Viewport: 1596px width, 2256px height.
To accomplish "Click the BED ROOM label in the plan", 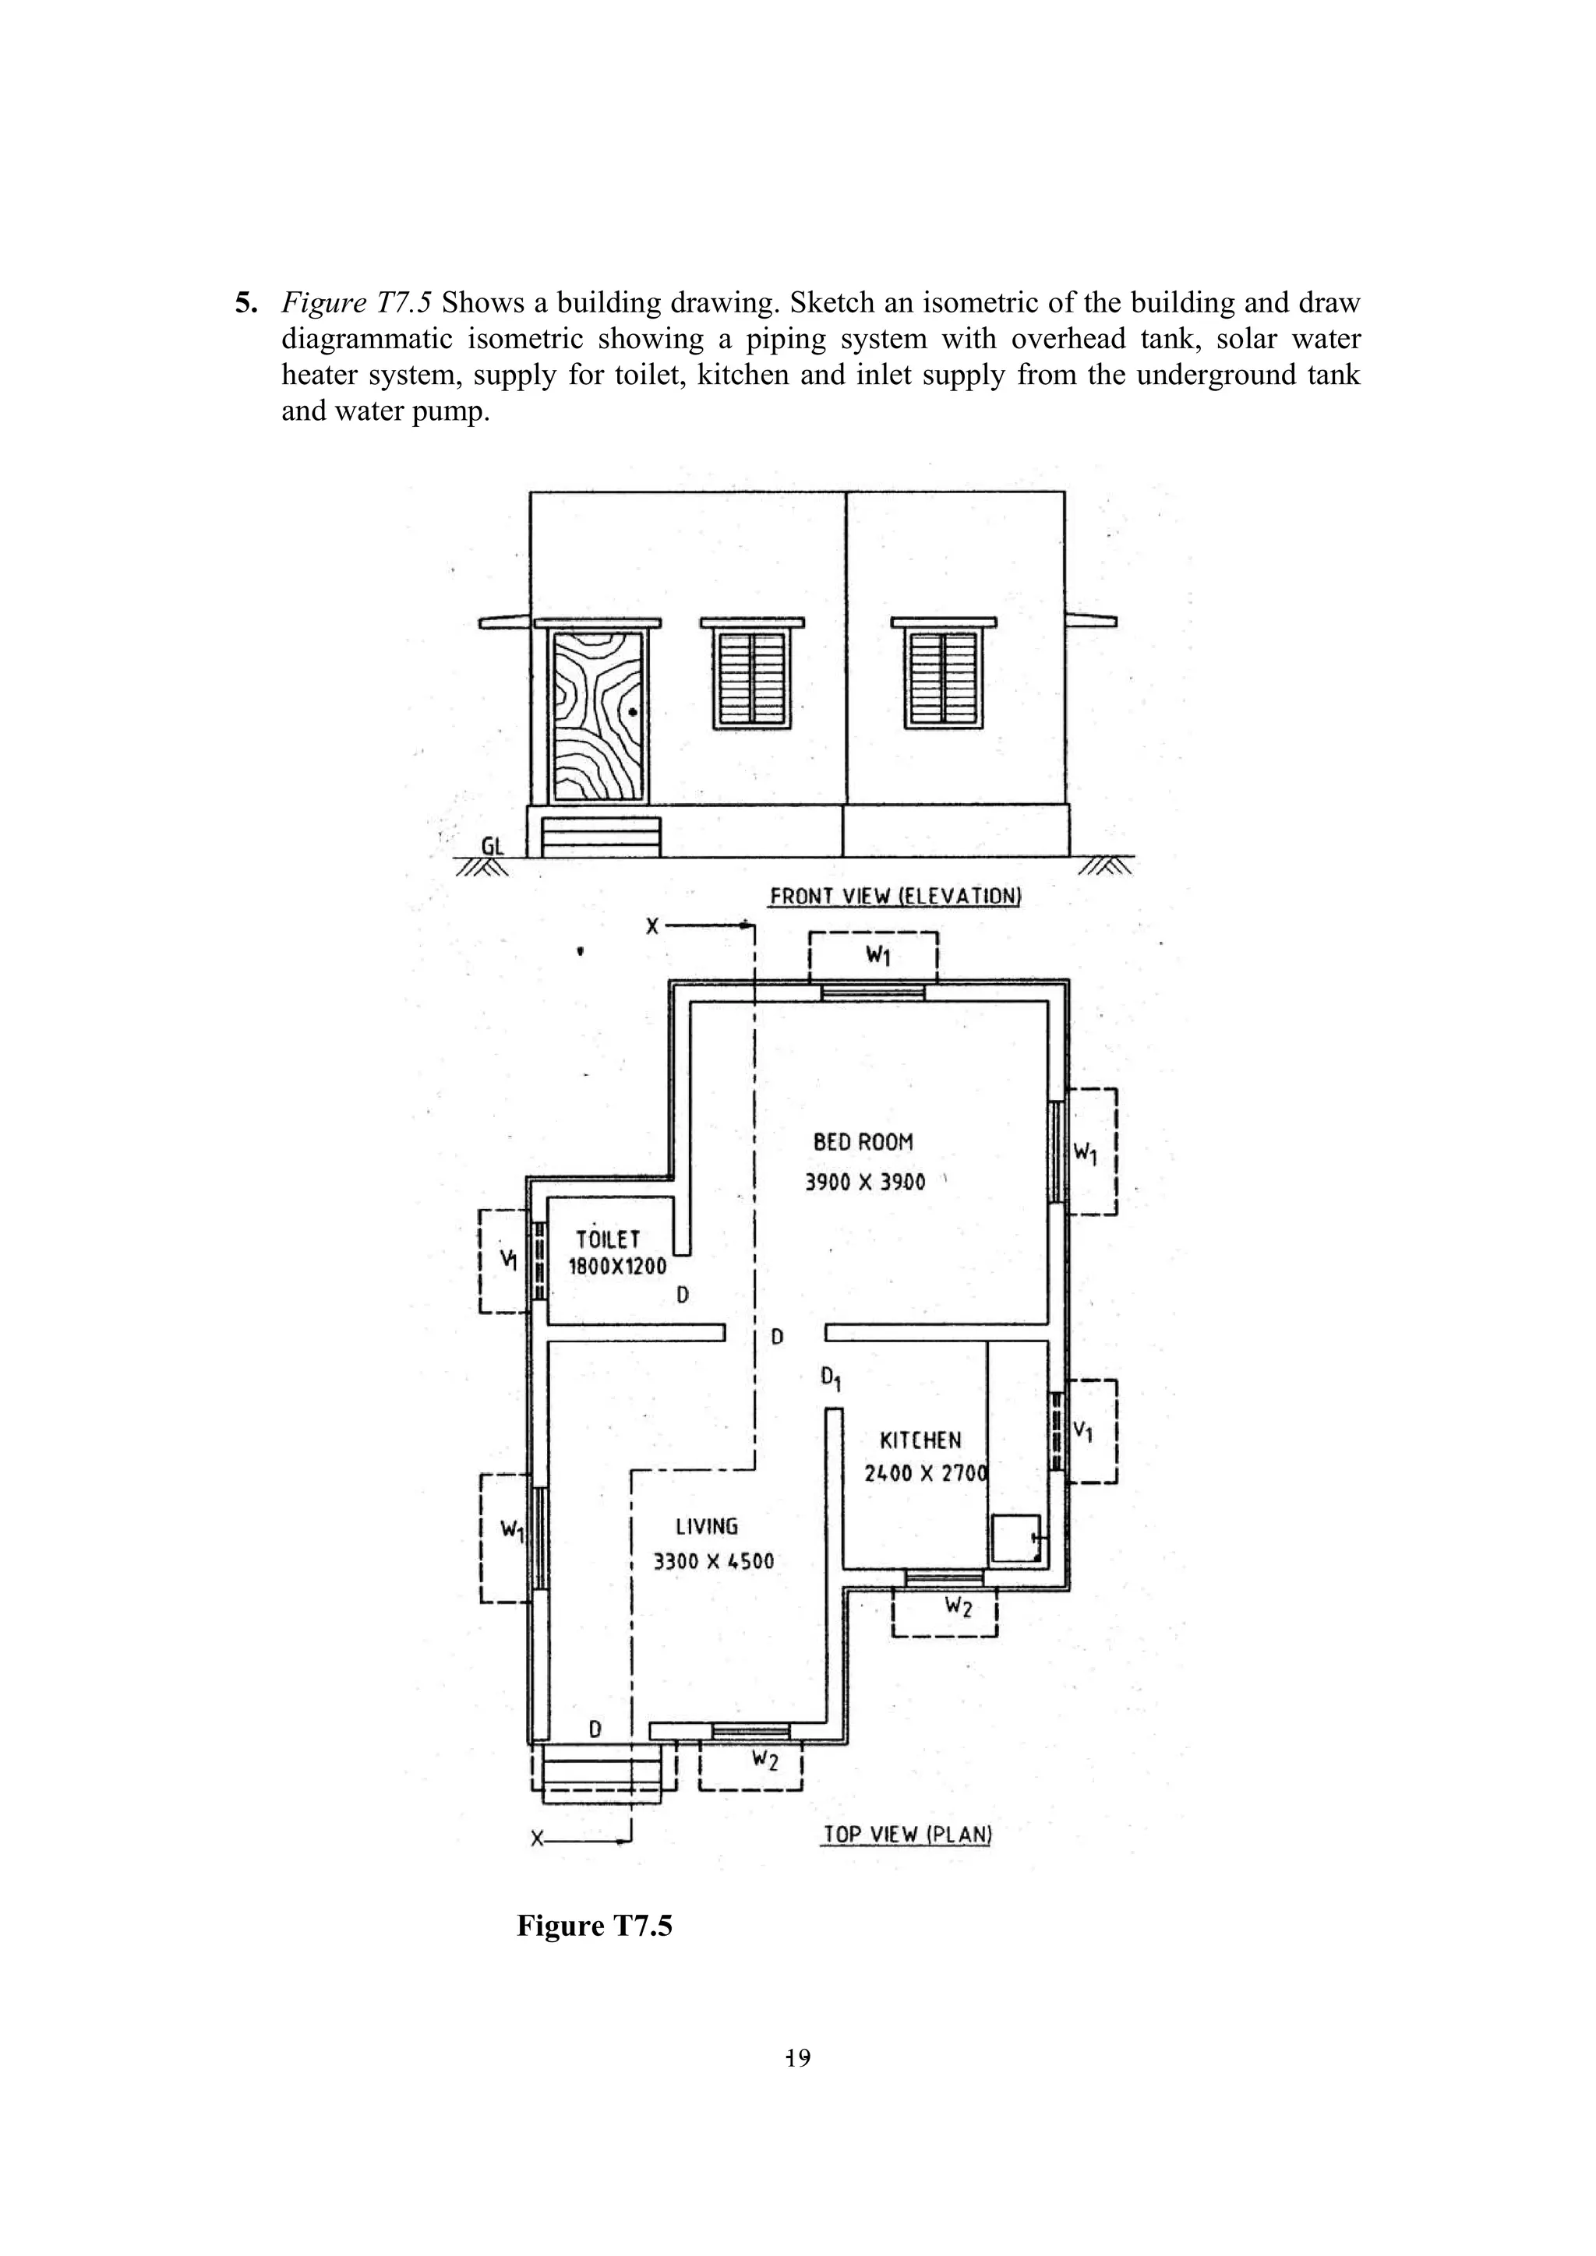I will (x=863, y=1142).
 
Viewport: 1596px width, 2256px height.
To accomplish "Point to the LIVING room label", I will (x=707, y=1527).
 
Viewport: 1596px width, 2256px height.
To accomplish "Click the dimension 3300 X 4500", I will (x=714, y=1561).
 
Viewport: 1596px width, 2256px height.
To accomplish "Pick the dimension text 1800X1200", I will (x=617, y=1267).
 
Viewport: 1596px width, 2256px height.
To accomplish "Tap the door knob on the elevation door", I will (x=633, y=711).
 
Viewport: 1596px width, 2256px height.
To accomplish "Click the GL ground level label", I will (x=493, y=846).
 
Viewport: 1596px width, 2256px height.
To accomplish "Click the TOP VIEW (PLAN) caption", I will (x=907, y=1834).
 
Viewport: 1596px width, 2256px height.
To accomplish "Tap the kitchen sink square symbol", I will (x=1014, y=1539).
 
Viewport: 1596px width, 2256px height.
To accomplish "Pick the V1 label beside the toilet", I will (x=508, y=1259).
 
